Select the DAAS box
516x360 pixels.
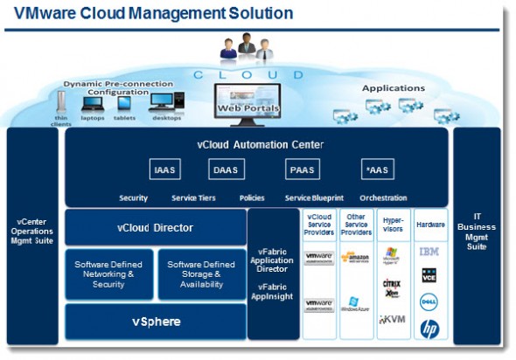[x=227, y=170]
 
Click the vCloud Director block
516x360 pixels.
[x=155, y=227]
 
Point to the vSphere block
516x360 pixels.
[x=155, y=322]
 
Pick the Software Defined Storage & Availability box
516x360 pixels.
[x=201, y=274]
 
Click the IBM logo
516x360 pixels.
[x=429, y=252]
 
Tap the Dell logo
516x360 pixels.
[x=429, y=302]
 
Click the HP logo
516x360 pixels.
[x=429, y=329]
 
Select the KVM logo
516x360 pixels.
[x=392, y=320]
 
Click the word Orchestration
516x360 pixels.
[x=383, y=198]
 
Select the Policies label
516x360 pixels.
[x=252, y=198]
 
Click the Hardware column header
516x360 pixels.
[x=429, y=224]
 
